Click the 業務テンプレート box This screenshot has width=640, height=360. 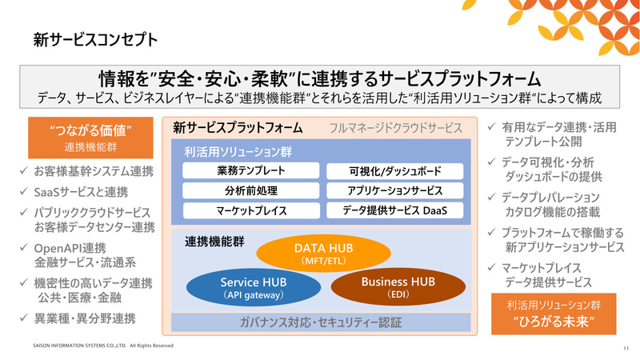[250, 171]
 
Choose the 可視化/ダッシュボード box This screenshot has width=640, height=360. [394, 171]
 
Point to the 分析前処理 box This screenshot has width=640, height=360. [250, 191]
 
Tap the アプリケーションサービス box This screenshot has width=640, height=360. [394, 191]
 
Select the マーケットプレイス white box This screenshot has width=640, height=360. [250, 211]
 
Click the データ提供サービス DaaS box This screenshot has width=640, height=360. [394, 211]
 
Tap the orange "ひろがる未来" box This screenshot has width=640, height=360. [554, 314]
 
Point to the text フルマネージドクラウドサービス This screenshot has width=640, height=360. [396, 128]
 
